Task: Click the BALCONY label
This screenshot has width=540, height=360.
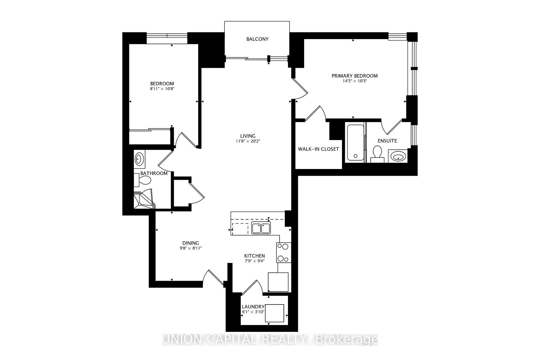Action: pyautogui.click(x=257, y=39)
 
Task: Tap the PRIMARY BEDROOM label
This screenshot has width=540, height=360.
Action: pyautogui.click(x=354, y=76)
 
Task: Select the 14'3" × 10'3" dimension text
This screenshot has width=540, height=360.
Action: pyautogui.click(x=355, y=81)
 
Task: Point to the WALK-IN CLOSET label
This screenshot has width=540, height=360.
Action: pyautogui.click(x=318, y=149)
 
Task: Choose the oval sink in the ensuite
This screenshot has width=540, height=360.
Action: pyautogui.click(x=398, y=156)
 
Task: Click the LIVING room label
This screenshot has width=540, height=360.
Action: pyautogui.click(x=248, y=136)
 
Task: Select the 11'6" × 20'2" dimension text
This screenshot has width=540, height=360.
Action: pyautogui.click(x=248, y=141)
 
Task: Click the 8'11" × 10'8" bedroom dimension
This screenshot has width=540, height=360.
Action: pyautogui.click(x=162, y=89)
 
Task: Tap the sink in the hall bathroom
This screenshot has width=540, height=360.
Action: pyautogui.click(x=139, y=159)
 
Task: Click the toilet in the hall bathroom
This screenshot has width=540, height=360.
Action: pyautogui.click(x=143, y=180)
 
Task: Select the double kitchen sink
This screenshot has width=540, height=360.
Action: pyautogui.click(x=261, y=228)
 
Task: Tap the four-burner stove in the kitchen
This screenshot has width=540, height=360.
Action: pyautogui.click(x=283, y=253)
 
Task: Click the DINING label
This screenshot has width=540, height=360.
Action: pyautogui.click(x=191, y=243)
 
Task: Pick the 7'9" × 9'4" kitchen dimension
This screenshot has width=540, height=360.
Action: pyautogui.click(x=254, y=261)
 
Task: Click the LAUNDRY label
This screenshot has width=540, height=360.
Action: pyautogui.click(x=253, y=307)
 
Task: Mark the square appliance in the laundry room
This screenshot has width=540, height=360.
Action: pyautogui.click(x=274, y=313)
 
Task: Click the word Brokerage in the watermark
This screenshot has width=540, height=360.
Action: pyautogui.click(x=347, y=339)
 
